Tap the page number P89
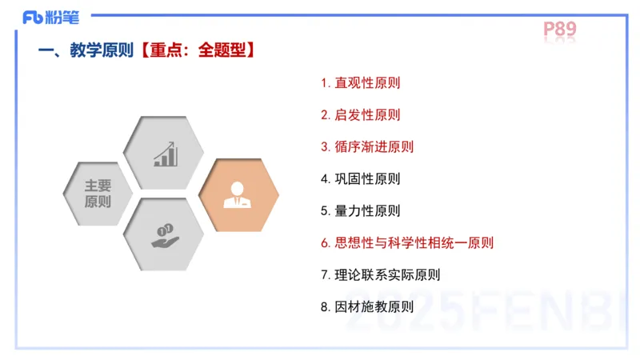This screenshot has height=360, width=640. pos(560,30)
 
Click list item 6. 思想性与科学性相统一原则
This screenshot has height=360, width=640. pos(407,242)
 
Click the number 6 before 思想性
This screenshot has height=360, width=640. pos(325,242)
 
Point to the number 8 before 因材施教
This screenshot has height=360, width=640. pos(325,306)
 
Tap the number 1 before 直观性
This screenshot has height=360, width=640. pos(325,82)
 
